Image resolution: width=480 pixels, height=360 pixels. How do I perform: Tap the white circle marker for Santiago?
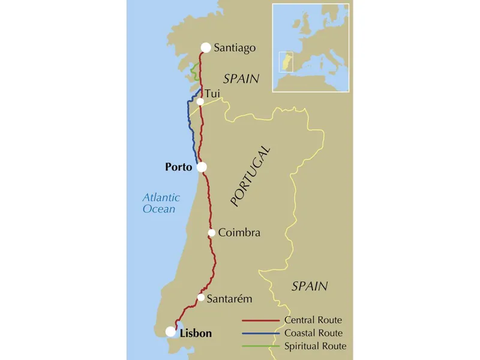[x=206, y=47]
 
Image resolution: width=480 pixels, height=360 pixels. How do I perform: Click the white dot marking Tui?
[x=200, y=101]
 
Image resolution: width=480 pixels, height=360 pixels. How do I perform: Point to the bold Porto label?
[x=178, y=167]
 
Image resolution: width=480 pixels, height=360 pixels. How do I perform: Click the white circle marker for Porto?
[x=202, y=167]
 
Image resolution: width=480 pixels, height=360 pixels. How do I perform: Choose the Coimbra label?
[x=239, y=233]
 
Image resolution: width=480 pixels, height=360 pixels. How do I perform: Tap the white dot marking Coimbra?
[x=212, y=233]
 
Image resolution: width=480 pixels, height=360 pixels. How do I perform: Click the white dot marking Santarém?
[x=202, y=298]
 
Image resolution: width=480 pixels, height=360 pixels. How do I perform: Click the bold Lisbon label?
[x=196, y=333]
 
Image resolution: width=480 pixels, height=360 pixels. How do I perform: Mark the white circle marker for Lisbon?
[x=171, y=331]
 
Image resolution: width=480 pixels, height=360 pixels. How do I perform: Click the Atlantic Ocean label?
[x=158, y=203]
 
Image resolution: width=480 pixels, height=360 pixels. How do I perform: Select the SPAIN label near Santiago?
[x=241, y=79]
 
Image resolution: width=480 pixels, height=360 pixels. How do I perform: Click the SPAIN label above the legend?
[x=310, y=286]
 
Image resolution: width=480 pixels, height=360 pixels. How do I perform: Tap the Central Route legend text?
[x=314, y=320]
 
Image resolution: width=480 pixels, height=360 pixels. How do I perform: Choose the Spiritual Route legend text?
[x=316, y=346]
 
